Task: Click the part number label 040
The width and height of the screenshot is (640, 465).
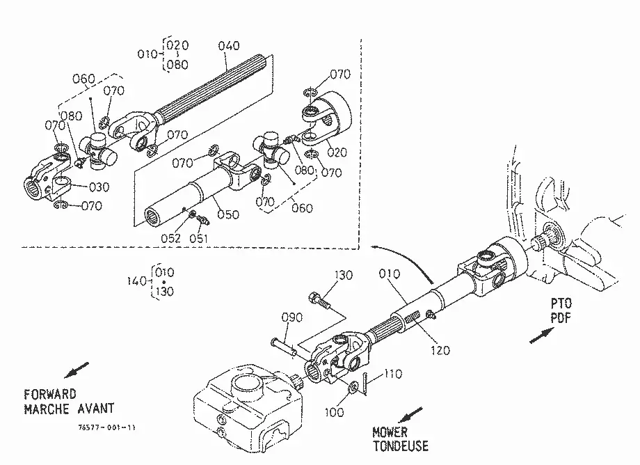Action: tap(229, 46)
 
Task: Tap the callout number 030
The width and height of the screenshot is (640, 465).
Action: tap(99, 187)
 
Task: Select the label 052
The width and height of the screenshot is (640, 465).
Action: tap(170, 239)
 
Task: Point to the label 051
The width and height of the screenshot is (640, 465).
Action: tap(199, 239)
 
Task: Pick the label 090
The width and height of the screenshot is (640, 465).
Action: tap(292, 317)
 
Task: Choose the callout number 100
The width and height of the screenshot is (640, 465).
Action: tap(335, 412)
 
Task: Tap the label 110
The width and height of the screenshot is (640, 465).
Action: tap(392, 374)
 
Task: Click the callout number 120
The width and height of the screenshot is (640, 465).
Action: tap(440, 350)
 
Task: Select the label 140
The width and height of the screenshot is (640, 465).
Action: tap(136, 281)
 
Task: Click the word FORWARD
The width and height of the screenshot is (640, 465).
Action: tap(50, 395)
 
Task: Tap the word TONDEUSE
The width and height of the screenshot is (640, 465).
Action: tap(401, 446)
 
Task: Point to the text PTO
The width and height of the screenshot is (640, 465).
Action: tap(561, 304)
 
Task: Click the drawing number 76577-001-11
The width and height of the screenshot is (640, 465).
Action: tap(106, 427)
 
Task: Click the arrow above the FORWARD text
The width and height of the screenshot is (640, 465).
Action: tap(77, 370)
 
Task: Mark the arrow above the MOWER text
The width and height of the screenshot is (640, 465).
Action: tap(410, 415)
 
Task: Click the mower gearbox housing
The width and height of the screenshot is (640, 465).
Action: tap(249, 408)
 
